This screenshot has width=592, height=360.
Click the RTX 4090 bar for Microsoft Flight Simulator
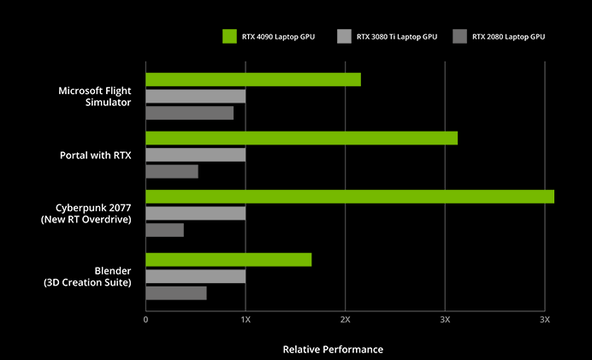click(253, 80)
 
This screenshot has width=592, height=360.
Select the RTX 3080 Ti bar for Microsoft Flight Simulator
click(195, 96)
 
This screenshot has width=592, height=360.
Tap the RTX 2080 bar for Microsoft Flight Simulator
click(189, 113)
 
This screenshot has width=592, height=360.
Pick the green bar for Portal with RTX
click(301, 139)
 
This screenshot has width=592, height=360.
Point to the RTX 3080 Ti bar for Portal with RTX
click(195, 155)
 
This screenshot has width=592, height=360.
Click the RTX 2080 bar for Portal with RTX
click(171, 171)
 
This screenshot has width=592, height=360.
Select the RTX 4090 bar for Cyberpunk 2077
click(350, 197)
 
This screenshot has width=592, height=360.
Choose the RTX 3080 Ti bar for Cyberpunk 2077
click(195, 213)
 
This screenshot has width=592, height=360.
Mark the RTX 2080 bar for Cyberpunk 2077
click(164, 230)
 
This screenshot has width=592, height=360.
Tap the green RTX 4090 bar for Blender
click(228, 260)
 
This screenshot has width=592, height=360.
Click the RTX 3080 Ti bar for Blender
click(195, 276)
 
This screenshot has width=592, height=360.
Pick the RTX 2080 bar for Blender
click(175, 293)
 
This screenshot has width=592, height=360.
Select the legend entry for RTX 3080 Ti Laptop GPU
click(390, 37)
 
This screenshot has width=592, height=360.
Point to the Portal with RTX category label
click(95, 155)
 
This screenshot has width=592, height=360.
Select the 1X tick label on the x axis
click(246, 319)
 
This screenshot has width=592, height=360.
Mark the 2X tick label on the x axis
click(345, 319)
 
